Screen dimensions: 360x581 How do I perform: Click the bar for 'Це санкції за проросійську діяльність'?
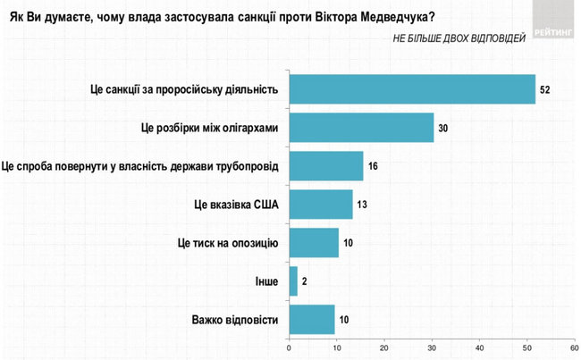(x=412, y=89)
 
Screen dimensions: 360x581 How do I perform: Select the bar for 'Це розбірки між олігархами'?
(x=361, y=128)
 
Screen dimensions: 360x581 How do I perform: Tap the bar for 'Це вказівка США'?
(x=321, y=204)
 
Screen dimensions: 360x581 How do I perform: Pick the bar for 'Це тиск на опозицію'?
(x=314, y=243)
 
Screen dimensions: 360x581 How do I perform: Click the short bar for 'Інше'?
(x=293, y=280)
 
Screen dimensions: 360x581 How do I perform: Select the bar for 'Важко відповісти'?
(x=312, y=319)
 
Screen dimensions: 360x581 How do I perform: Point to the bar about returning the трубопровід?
(x=326, y=166)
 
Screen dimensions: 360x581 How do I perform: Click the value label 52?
(x=545, y=89)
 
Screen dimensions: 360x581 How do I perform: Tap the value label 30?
(x=442, y=128)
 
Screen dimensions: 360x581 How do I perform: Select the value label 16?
(x=374, y=166)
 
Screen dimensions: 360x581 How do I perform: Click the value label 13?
(x=361, y=205)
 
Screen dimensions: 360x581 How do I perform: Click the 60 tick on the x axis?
(x=574, y=347)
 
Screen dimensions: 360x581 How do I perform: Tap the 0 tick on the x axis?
(x=289, y=347)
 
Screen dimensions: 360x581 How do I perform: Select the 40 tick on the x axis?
(x=479, y=347)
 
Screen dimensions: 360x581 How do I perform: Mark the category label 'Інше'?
(x=266, y=281)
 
